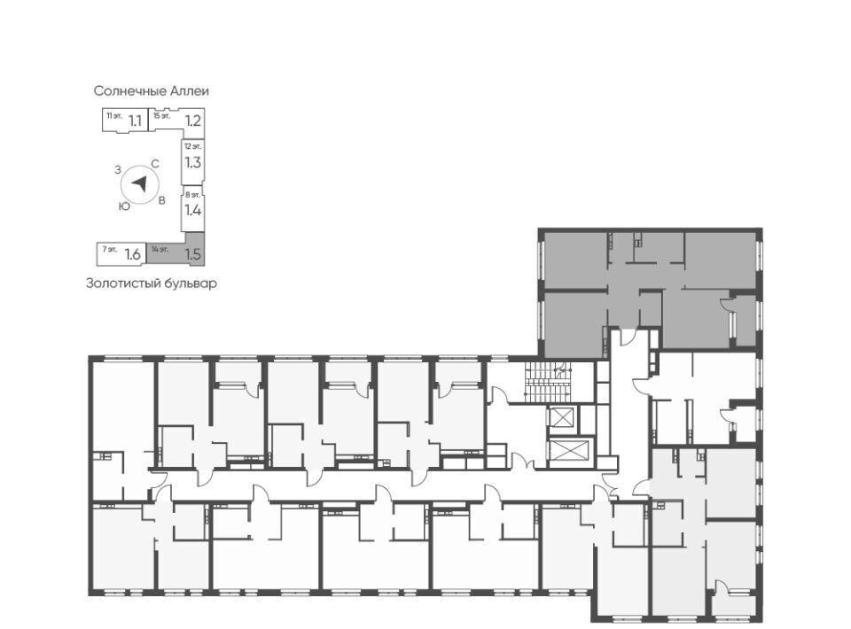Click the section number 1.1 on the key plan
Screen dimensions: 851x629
pyautogui.click(x=135, y=120)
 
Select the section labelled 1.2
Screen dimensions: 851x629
pyautogui.click(x=193, y=120)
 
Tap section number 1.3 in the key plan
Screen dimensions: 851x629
pyautogui.click(x=192, y=162)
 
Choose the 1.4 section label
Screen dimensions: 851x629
pyautogui.click(x=192, y=210)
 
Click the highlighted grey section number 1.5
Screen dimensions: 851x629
pyautogui.click(x=192, y=253)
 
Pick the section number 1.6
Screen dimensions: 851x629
pyautogui.click(x=133, y=253)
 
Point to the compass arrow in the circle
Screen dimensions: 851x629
pyautogui.click(x=140, y=183)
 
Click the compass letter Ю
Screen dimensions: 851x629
pyautogui.click(x=124, y=206)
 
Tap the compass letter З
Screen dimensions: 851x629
pyautogui.click(x=118, y=170)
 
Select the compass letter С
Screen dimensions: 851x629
pyautogui.click(x=154, y=164)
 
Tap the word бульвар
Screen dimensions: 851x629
pyautogui.click(x=190, y=283)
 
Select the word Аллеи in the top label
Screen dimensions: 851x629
pyautogui.click(x=190, y=90)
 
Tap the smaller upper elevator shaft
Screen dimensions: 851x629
pyautogui.click(x=562, y=418)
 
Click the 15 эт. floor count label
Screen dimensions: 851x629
pyautogui.click(x=161, y=115)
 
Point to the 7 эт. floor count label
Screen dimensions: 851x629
pyautogui.click(x=110, y=250)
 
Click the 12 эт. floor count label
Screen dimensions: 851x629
pyautogui.click(x=192, y=146)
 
